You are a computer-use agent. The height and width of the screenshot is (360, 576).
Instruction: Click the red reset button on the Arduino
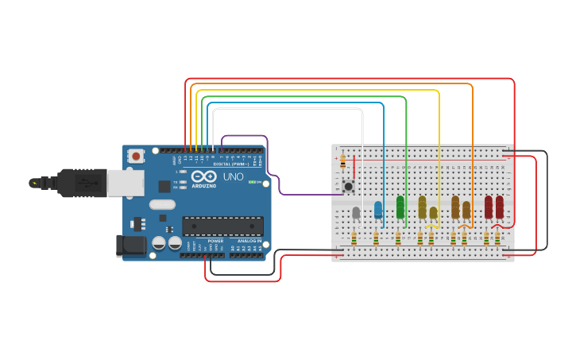tap(137, 157)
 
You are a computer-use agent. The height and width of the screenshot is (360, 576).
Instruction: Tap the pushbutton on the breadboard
tap(349, 186)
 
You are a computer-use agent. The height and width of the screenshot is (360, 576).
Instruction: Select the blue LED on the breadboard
tap(378, 210)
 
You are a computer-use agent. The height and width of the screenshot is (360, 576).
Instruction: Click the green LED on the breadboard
tap(400, 207)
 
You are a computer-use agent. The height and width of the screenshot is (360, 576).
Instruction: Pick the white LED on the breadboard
tap(356, 212)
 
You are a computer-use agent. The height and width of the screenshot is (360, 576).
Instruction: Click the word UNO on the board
tap(233, 176)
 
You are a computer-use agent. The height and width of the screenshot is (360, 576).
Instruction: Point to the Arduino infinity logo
tap(203, 176)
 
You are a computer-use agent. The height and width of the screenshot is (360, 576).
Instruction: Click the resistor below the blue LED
tap(376, 238)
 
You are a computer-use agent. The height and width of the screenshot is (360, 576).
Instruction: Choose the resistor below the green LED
tap(398, 238)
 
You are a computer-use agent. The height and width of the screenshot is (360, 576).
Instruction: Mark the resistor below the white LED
tap(354, 238)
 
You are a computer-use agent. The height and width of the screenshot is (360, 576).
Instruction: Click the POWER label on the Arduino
tap(215, 241)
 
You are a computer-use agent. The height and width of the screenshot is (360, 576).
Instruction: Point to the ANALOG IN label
tap(248, 241)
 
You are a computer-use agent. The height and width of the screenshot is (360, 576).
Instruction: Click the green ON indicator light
tap(251, 182)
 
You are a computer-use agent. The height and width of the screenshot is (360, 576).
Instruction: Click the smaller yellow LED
tap(433, 213)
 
